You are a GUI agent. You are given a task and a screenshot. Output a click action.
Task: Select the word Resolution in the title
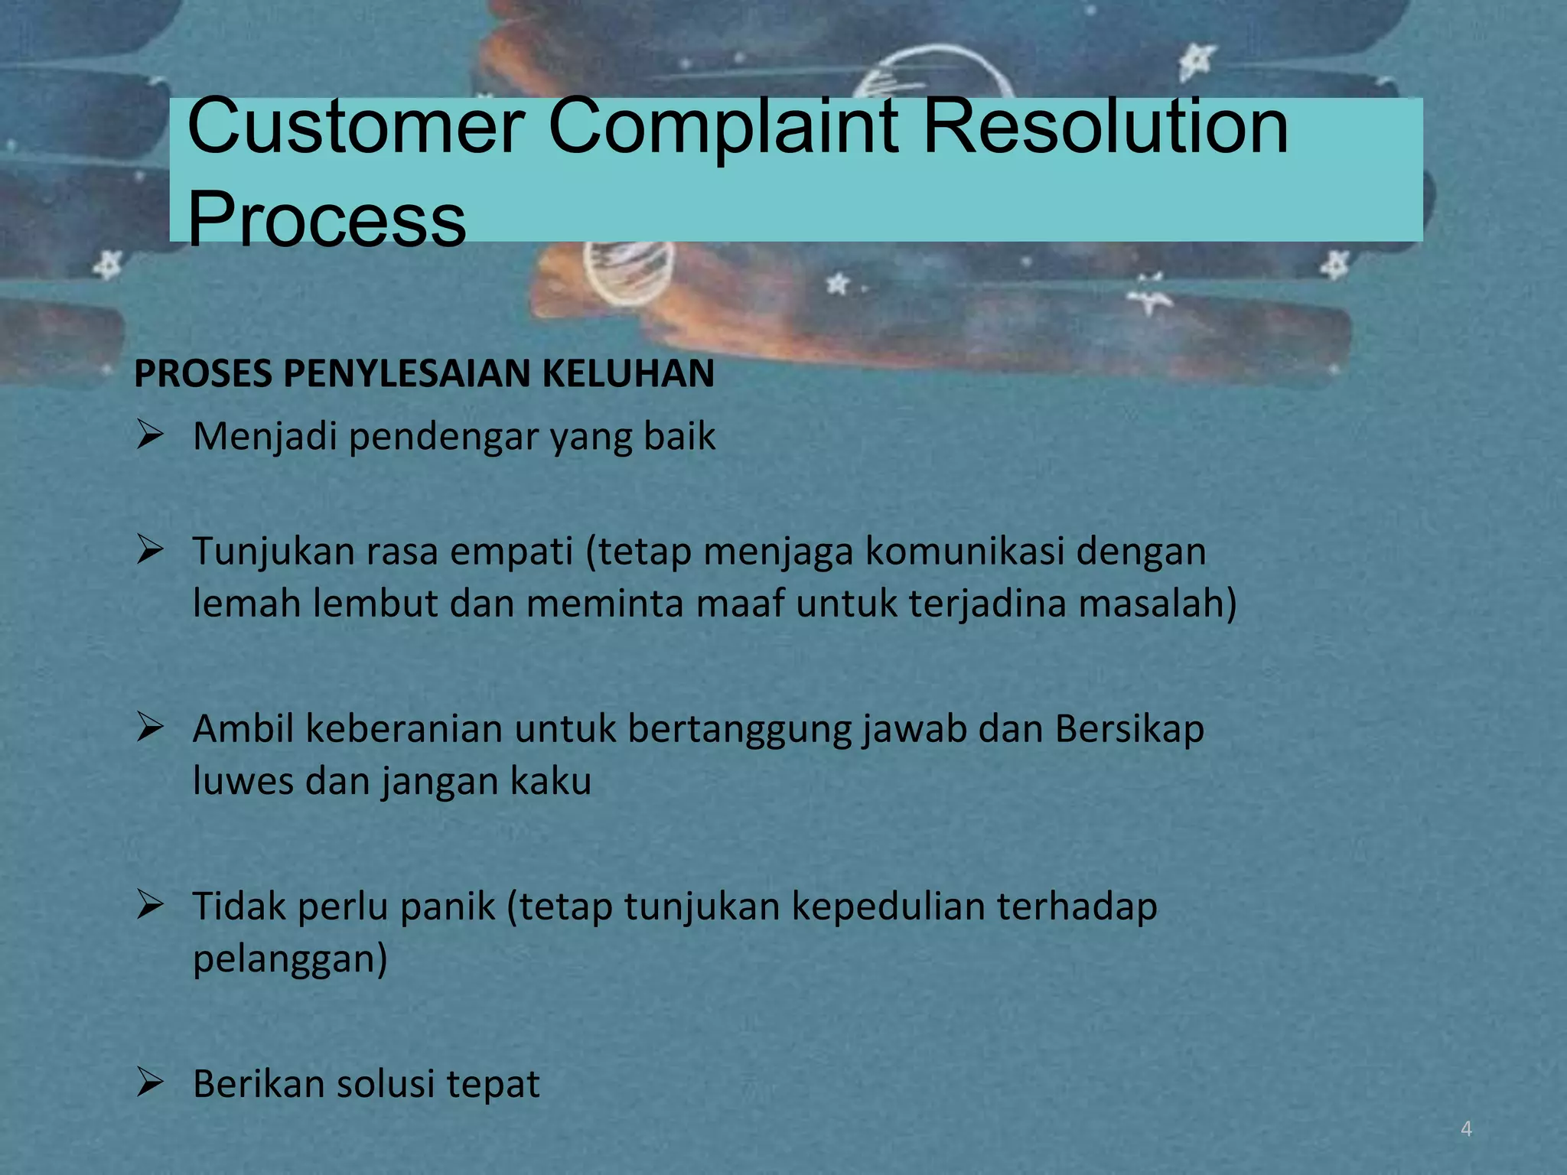(1106, 126)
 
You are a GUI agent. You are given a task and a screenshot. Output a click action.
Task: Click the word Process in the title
(326, 220)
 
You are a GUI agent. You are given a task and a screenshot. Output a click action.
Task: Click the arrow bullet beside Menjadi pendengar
(150, 436)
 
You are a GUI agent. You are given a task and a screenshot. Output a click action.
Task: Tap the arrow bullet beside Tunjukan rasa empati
(150, 550)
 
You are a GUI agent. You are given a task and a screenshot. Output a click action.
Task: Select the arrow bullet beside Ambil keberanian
(150, 727)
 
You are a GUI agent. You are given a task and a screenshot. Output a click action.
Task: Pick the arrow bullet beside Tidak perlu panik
(150, 906)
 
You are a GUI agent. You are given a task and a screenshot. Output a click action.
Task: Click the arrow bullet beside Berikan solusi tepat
(150, 1083)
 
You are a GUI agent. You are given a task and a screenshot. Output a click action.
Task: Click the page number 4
(1466, 1129)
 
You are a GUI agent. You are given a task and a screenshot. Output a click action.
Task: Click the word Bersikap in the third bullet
(1129, 729)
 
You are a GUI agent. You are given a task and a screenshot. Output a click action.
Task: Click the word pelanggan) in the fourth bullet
(290, 959)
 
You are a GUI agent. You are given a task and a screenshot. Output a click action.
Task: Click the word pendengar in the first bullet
(443, 438)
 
